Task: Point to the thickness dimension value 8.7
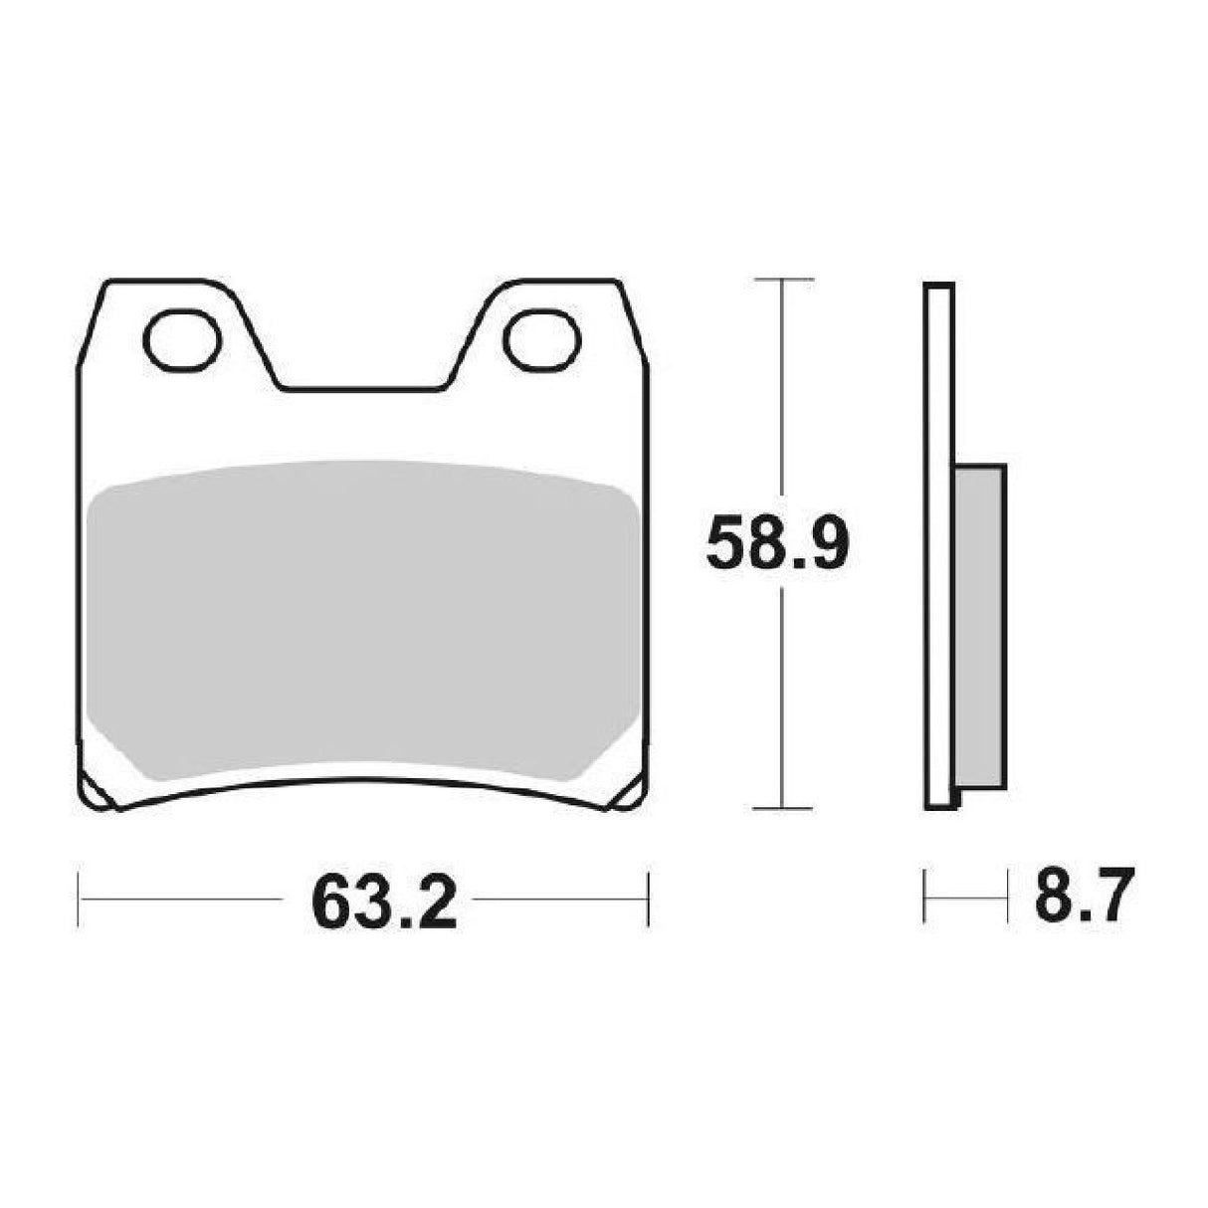1085,899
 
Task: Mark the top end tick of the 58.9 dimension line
785,279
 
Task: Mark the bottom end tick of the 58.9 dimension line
785,807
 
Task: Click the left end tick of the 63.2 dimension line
79,900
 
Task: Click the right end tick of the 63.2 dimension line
648,900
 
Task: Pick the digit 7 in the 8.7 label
1113,899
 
